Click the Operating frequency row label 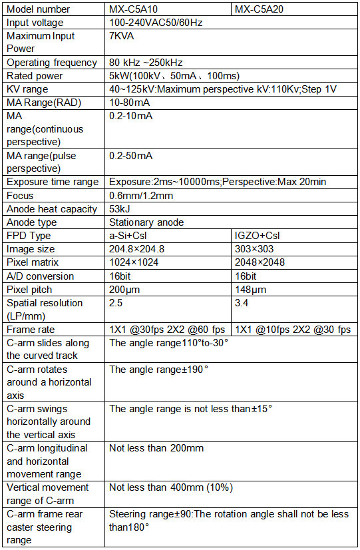pyautogui.click(x=52, y=63)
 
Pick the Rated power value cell pyautogui.click(x=174, y=76)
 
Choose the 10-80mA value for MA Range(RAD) pyautogui.click(x=129, y=103)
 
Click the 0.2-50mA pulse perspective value pyautogui.click(x=131, y=156)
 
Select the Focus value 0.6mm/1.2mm pyautogui.click(x=141, y=196)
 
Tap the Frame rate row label pyautogui.click(x=31, y=330)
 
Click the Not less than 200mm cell pyautogui.click(x=156, y=448)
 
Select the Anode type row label pyautogui.click(x=32, y=222)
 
